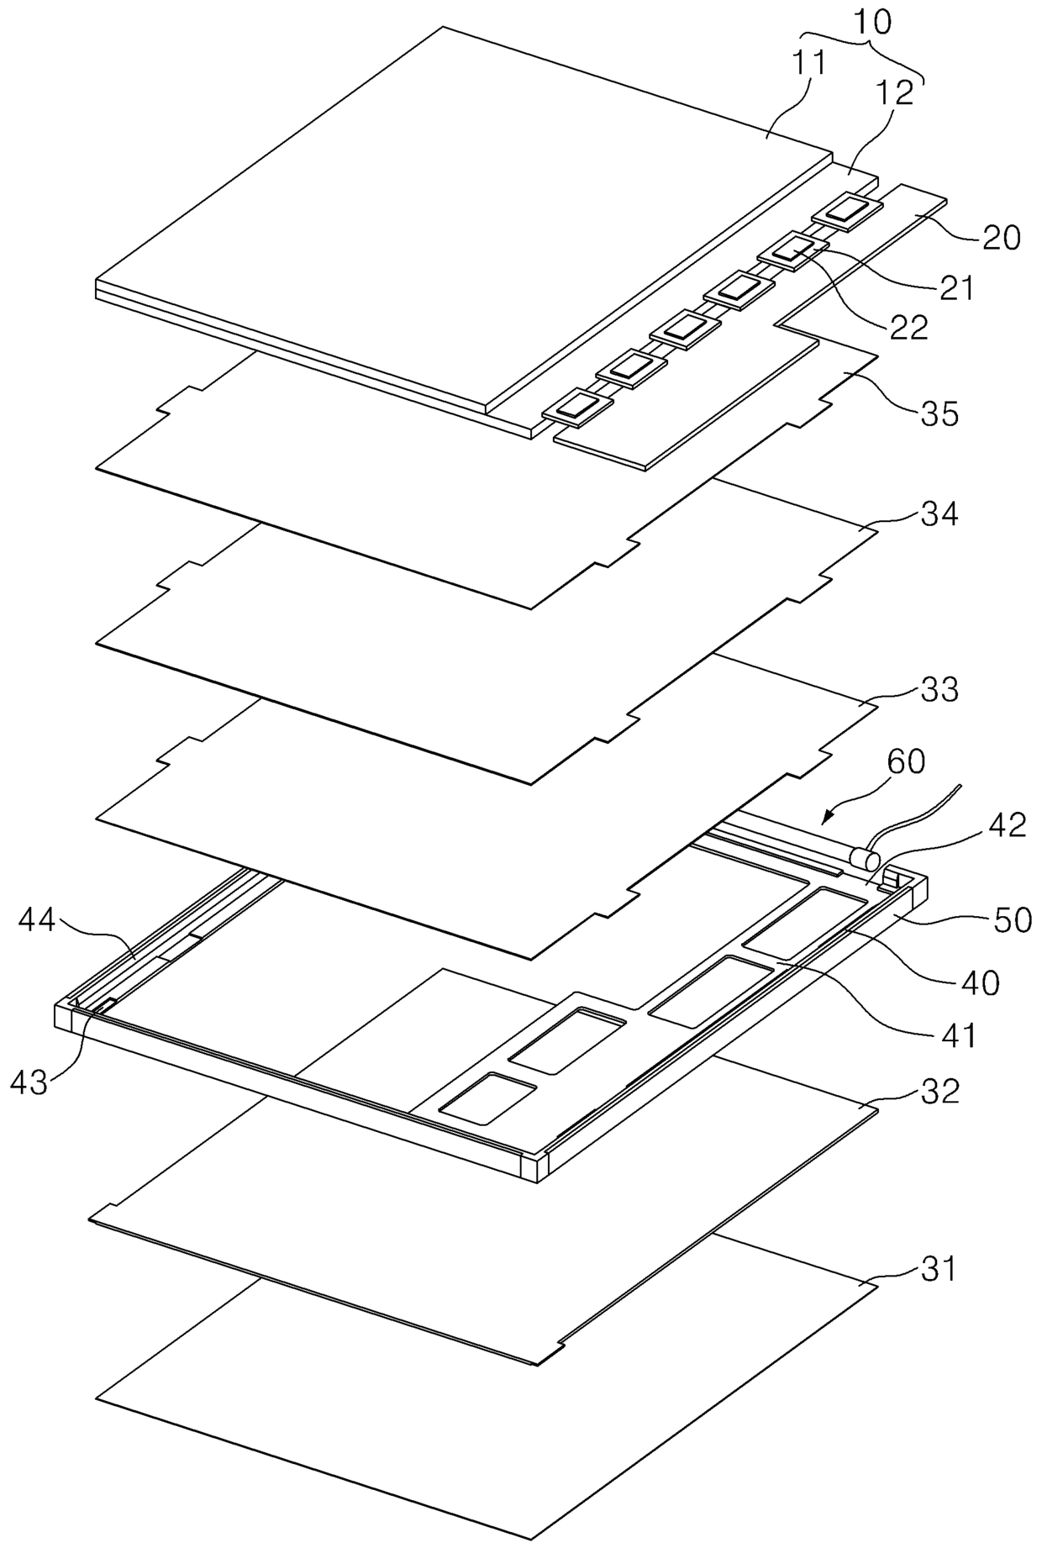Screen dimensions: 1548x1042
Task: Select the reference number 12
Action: tap(896, 93)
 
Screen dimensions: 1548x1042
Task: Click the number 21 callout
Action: tap(955, 287)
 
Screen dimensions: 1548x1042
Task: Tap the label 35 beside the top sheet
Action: tap(939, 413)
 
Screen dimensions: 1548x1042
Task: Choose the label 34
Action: tap(939, 513)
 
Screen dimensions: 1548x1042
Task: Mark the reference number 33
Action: tap(939, 690)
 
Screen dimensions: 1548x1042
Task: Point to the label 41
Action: tap(957, 1035)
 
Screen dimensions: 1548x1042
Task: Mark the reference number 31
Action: tap(939, 1268)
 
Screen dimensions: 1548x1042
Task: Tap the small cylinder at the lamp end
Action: tap(865, 860)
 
